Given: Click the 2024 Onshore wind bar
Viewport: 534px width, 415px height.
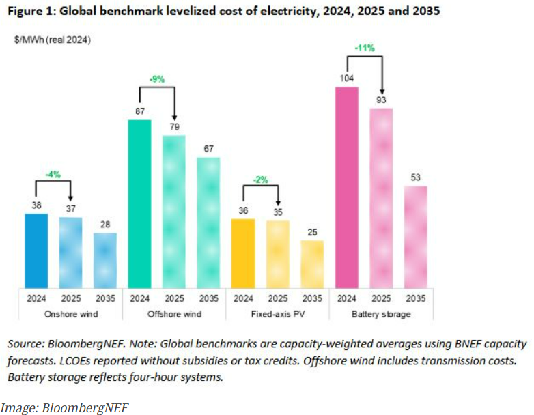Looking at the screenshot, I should pyautogui.click(x=36, y=251).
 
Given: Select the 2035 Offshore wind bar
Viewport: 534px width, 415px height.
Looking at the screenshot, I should pyautogui.click(x=209, y=223).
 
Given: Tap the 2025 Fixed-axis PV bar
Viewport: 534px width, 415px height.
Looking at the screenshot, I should pyautogui.click(x=278, y=254).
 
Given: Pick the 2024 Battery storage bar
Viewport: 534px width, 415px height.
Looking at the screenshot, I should pyautogui.click(x=347, y=188).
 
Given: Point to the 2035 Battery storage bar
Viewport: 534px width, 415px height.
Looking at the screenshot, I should pyautogui.click(x=416, y=237).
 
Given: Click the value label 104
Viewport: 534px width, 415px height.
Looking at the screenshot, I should pyautogui.click(x=347, y=78).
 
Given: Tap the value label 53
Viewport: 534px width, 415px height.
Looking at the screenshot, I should pyautogui.click(x=416, y=177).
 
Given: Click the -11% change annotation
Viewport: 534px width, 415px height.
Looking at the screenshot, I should pyautogui.click(x=363, y=48).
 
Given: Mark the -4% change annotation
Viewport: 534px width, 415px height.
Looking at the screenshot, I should pyautogui.click(x=53, y=174).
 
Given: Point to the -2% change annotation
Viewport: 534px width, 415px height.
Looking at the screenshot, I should pyautogui.click(x=259, y=180).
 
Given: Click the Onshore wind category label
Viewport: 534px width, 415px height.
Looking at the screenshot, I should pyautogui.click(x=71, y=314).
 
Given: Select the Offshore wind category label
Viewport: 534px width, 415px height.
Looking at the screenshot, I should pyautogui.click(x=174, y=314).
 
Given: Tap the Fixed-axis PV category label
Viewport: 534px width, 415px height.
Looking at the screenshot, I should pyautogui.click(x=278, y=314).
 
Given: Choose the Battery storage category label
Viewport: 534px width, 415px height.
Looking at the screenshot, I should pyautogui.click(x=381, y=314).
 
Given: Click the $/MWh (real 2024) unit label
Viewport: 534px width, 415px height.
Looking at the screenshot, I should pyautogui.click(x=53, y=40).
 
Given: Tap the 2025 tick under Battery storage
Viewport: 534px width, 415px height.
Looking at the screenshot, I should pyautogui.click(x=381, y=298).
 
